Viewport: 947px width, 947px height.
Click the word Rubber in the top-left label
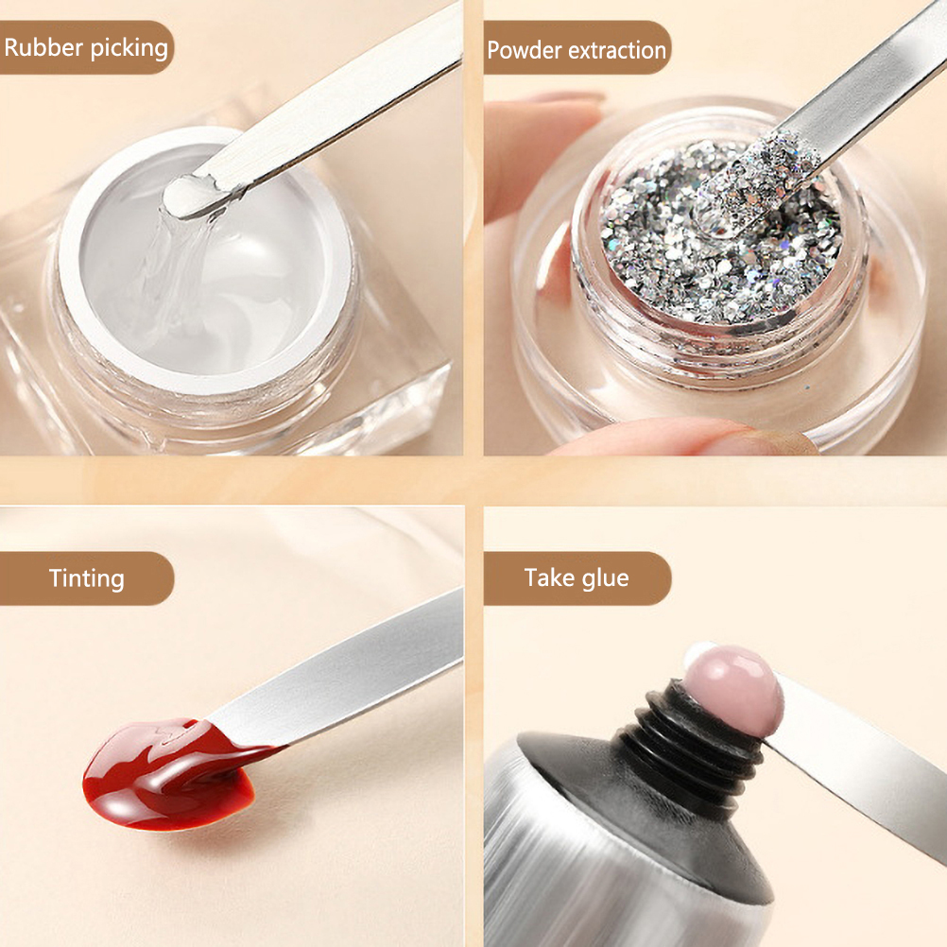43,47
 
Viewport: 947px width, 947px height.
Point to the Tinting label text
87,578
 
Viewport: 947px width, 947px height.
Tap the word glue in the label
605,578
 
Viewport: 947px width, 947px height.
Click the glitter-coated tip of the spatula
755,181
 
